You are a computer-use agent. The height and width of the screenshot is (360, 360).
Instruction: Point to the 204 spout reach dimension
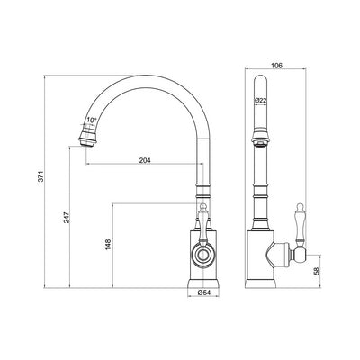click(144, 162)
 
